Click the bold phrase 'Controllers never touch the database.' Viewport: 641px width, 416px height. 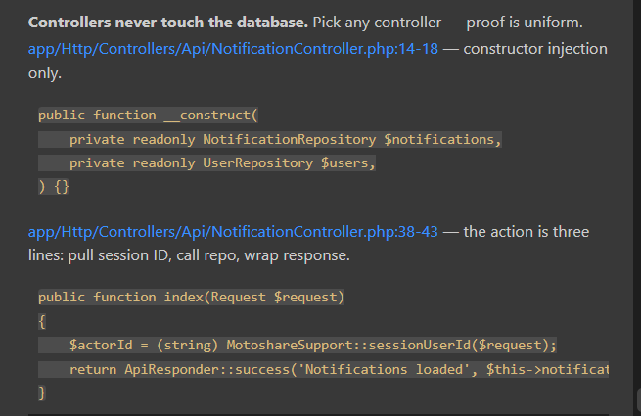[168, 23]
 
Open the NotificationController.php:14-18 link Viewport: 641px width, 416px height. [233, 49]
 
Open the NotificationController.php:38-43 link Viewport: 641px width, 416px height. [233, 232]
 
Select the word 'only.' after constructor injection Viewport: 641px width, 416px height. [45, 73]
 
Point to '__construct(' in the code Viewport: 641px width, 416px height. [211, 116]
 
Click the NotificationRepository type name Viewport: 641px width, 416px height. [290, 140]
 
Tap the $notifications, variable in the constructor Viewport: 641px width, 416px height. [442, 140]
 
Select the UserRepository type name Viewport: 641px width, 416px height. [258, 163]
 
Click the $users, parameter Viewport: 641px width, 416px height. [347, 163]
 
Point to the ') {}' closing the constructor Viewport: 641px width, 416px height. [54, 187]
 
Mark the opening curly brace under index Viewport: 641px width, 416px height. [42, 321]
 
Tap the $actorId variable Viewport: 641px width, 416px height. [101, 346]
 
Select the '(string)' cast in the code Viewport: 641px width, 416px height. [187, 346]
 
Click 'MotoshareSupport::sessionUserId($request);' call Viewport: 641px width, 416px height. [391, 346]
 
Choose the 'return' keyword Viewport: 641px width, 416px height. [93, 369]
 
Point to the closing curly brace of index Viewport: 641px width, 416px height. [42, 393]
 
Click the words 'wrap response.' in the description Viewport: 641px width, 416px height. [297, 255]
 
